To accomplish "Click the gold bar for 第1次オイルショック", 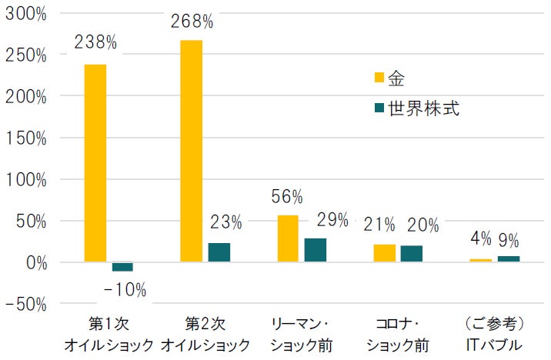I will [x=95, y=163].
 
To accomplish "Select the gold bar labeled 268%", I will [x=191, y=151].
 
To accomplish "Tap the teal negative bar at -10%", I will [x=122, y=267].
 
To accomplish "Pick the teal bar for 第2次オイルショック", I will [x=219, y=253].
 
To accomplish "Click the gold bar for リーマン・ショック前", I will [x=287, y=239].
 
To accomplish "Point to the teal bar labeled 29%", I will [x=316, y=251].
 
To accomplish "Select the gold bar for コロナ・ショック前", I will [x=384, y=254].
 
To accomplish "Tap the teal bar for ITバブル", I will [x=509, y=259].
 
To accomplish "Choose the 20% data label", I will [x=422, y=225].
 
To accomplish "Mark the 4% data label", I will [x=480, y=239].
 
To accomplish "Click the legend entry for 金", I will [x=389, y=78].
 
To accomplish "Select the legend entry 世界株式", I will [x=416, y=108].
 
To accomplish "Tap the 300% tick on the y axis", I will [x=26, y=15].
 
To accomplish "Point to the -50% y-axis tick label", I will [x=26, y=305].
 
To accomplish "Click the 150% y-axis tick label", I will [x=26, y=139].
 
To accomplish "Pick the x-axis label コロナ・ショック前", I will [x=397, y=332].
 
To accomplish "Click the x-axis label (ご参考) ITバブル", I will [x=495, y=332].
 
